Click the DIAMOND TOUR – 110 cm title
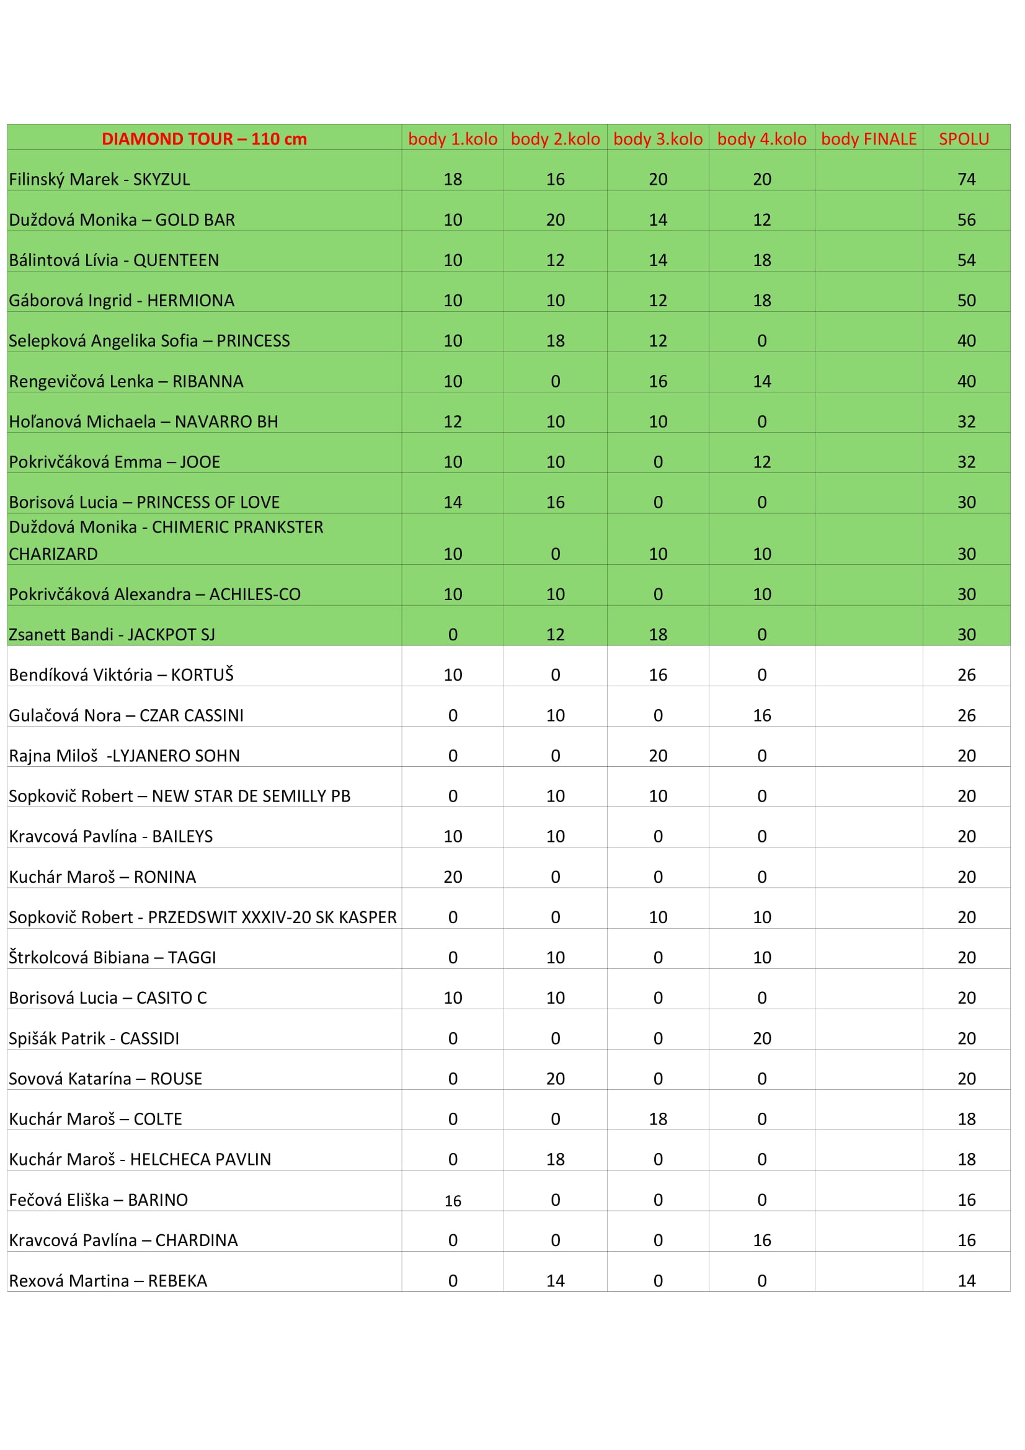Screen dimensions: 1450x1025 click(204, 139)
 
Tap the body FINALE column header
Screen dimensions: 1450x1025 click(868, 139)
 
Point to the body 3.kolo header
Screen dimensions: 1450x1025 click(657, 139)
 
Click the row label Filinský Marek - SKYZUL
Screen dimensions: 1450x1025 click(99, 179)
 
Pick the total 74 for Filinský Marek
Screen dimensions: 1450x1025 click(966, 179)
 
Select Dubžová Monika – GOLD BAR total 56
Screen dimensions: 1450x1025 click(966, 220)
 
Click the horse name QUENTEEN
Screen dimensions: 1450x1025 click(175, 260)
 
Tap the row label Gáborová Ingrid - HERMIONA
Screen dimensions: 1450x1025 click(122, 301)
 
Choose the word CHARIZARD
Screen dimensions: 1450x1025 click(53, 554)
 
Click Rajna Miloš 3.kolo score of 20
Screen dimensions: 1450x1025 click(657, 756)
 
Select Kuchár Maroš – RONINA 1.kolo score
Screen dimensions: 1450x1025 click(452, 877)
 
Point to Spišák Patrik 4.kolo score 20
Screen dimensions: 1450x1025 click(761, 1039)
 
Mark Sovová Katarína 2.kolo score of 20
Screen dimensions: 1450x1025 click(555, 1079)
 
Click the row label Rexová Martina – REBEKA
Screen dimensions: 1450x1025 click(108, 1281)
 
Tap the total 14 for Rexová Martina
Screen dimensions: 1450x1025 click(966, 1281)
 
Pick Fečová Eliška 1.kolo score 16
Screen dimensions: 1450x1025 click(452, 1201)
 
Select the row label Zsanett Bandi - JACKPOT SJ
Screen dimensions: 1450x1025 click(112, 635)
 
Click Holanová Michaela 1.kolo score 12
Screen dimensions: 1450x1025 click(452, 422)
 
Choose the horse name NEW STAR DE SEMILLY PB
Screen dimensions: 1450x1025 click(251, 797)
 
